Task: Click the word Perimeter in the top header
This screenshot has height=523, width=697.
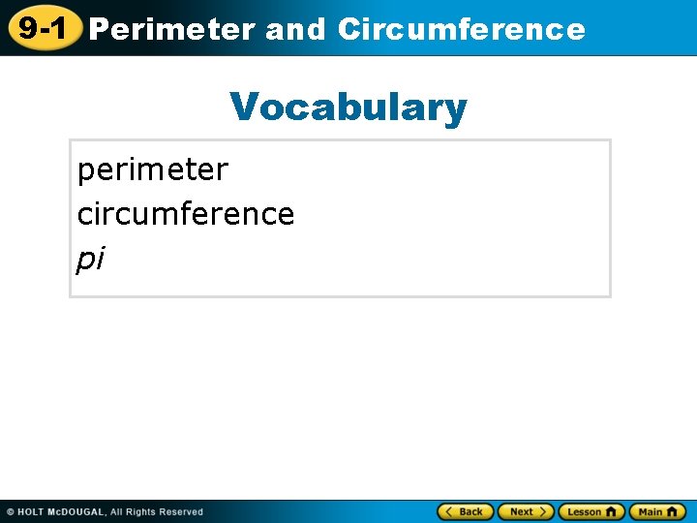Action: click(x=172, y=29)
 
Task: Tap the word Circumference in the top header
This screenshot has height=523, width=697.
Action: click(x=461, y=29)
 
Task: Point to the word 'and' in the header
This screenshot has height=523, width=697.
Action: click(x=295, y=29)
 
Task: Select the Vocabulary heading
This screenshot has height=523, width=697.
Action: click(x=348, y=107)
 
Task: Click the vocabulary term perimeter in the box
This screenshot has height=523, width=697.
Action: click(x=152, y=169)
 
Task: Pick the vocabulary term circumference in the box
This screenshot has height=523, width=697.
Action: click(x=185, y=213)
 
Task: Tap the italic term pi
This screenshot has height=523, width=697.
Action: click(x=90, y=259)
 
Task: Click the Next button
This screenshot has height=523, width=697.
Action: click(x=526, y=511)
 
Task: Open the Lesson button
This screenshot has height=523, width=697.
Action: click(x=591, y=511)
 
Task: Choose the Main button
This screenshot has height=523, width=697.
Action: click(x=657, y=511)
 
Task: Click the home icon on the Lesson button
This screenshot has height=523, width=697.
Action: click(x=611, y=511)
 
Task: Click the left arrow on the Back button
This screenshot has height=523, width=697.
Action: click(x=449, y=511)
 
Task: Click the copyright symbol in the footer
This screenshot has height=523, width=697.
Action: click(x=10, y=511)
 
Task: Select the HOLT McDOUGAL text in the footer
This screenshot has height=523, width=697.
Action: click(x=61, y=511)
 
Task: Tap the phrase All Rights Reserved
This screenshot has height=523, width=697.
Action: click(x=157, y=511)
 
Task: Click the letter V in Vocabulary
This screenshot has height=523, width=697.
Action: click(x=244, y=107)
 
